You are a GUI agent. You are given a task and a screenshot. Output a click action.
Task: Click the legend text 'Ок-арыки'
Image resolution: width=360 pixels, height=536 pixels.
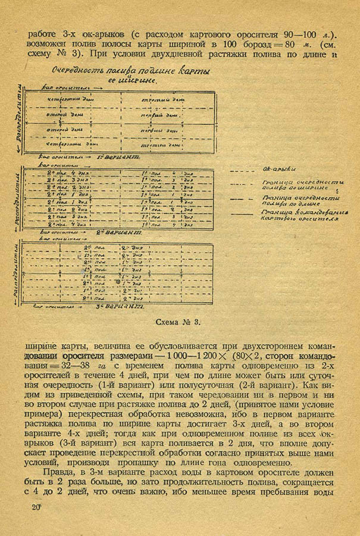pyautogui.click(x=276, y=170)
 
